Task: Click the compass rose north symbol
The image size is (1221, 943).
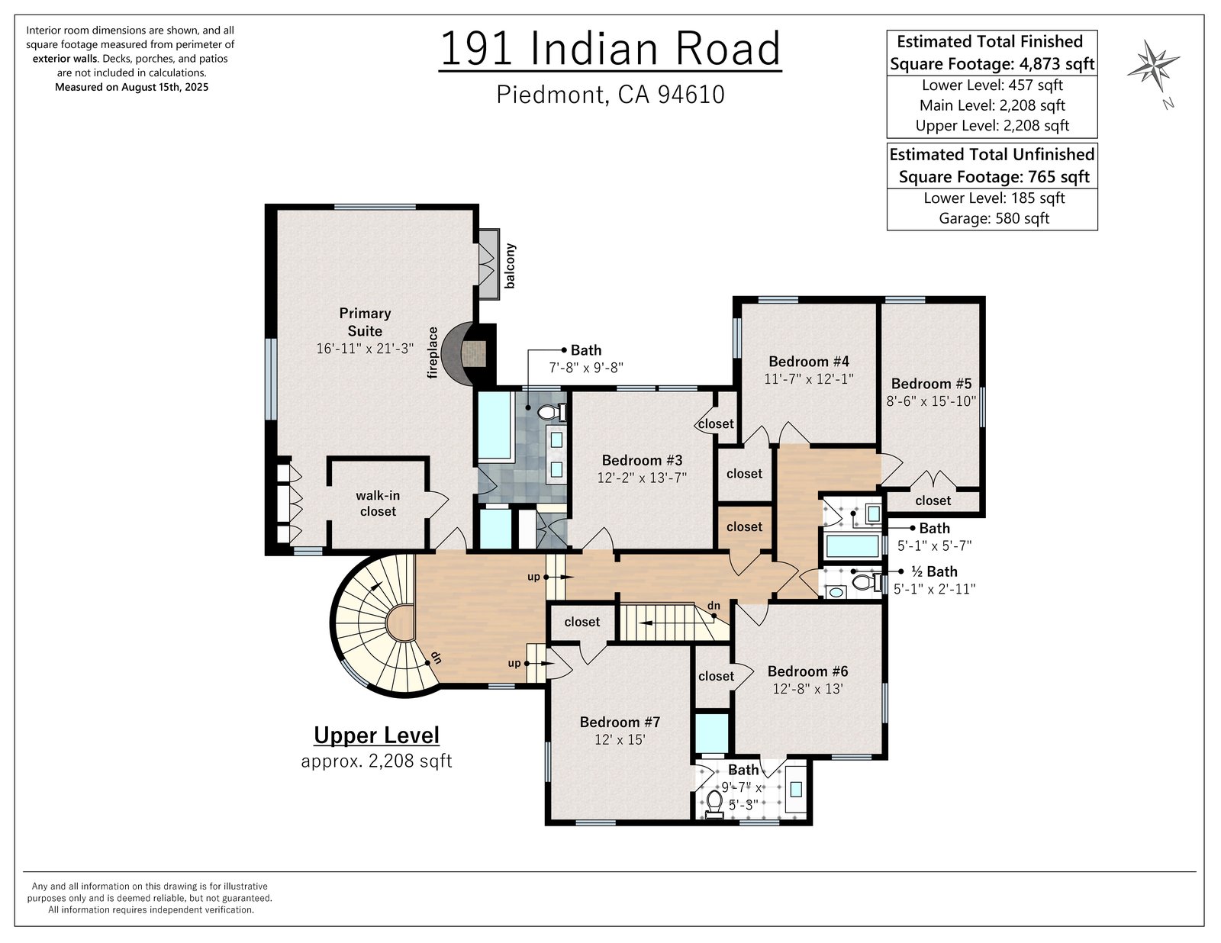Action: [1154, 66]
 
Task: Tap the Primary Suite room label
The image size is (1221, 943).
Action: [366, 322]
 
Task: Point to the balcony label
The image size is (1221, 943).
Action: [510, 266]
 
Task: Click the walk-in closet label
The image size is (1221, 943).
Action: [378, 504]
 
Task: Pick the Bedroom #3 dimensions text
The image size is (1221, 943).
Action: [643, 478]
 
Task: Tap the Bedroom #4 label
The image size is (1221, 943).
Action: [809, 361]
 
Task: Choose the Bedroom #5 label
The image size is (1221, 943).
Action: [931, 384]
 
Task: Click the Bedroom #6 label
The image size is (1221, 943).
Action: [808, 671]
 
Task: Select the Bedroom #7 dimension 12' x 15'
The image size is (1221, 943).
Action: [620, 740]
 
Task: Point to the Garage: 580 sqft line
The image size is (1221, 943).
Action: [994, 218]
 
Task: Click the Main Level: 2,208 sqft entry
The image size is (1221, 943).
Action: [992, 105]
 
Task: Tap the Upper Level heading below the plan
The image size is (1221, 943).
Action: [376, 735]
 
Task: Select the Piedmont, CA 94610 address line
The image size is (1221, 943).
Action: [610, 95]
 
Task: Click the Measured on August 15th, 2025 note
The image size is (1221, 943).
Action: [131, 87]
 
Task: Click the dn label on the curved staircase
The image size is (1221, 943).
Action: [436, 656]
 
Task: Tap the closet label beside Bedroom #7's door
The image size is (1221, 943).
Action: [582, 622]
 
